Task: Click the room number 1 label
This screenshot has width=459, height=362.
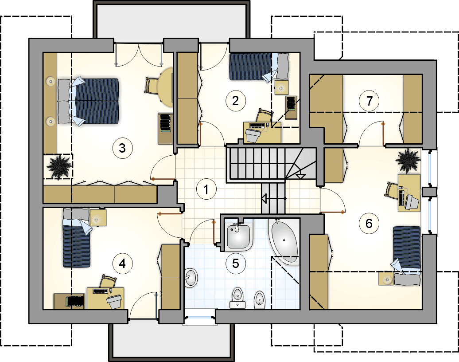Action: [206, 189]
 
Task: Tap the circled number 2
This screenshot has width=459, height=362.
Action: [236, 101]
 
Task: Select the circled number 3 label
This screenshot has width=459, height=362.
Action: [122, 148]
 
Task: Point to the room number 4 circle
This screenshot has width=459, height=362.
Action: [122, 264]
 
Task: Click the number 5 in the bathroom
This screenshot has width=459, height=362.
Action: [236, 264]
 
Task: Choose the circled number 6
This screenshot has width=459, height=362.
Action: [369, 223]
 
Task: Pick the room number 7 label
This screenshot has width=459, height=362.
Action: [369, 101]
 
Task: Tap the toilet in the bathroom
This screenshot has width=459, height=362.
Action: [237, 298]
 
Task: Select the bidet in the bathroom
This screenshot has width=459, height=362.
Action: [259, 299]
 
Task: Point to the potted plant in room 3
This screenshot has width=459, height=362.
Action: [59, 167]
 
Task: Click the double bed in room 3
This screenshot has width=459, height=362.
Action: [89, 101]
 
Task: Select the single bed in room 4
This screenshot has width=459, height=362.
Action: [76, 238]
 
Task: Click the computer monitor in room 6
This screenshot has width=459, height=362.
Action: [412, 202]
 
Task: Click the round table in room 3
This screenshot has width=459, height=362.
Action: [166, 87]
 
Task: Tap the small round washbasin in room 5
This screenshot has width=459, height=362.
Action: [191, 277]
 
